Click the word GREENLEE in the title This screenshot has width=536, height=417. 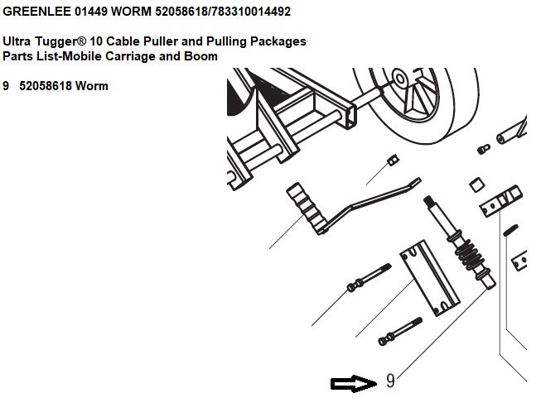click(x=36, y=12)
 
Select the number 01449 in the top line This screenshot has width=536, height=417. click(x=91, y=12)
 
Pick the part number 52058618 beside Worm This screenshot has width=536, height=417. click(x=45, y=86)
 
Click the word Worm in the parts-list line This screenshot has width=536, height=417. click(x=92, y=86)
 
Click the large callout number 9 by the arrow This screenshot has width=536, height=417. click(x=390, y=381)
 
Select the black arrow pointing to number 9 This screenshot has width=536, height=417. click(x=354, y=384)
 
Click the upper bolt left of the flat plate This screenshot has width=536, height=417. click(x=369, y=278)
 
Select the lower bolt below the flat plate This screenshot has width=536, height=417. click(x=400, y=332)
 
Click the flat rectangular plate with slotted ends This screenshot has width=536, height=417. click(x=430, y=278)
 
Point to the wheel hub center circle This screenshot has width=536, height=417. click(x=400, y=79)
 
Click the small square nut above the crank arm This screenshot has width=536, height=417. click(x=394, y=160)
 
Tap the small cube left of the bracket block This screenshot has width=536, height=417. click(x=476, y=185)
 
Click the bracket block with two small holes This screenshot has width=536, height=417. click(x=500, y=201)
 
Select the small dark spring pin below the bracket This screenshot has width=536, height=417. click(x=510, y=230)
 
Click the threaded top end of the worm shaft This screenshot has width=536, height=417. click(x=428, y=201)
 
